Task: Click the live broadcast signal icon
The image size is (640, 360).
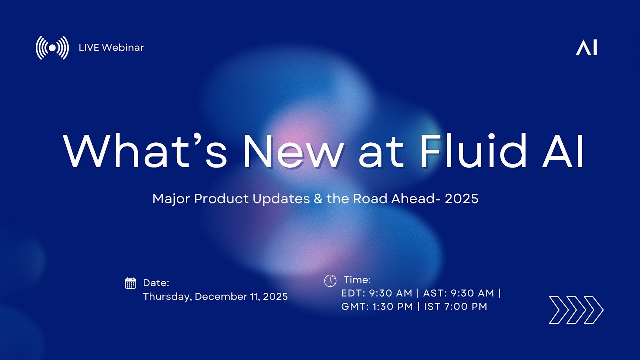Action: pyautogui.click(x=52, y=48)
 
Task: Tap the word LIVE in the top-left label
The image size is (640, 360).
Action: pyautogui.click(x=89, y=48)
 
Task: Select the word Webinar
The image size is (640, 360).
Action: pyautogui.click(x=123, y=48)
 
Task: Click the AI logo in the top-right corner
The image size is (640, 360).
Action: pyautogui.click(x=586, y=48)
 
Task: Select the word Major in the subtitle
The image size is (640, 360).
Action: pyautogui.click(x=171, y=199)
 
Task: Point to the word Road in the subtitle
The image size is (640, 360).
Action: pyautogui.click(x=369, y=199)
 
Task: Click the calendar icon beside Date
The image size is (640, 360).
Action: pyautogui.click(x=130, y=283)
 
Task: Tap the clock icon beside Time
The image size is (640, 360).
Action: pyautogui.click(x=330, y=281)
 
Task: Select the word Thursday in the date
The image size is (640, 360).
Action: pyautogui.click(x=166, y=297)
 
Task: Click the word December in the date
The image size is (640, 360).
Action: pyautogui.click(x=219, y=297)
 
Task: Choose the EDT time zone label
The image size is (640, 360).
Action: pyautogui.click(x=352, y=293)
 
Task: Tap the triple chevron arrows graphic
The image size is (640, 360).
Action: pyautogui.click(x=576, y=310)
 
